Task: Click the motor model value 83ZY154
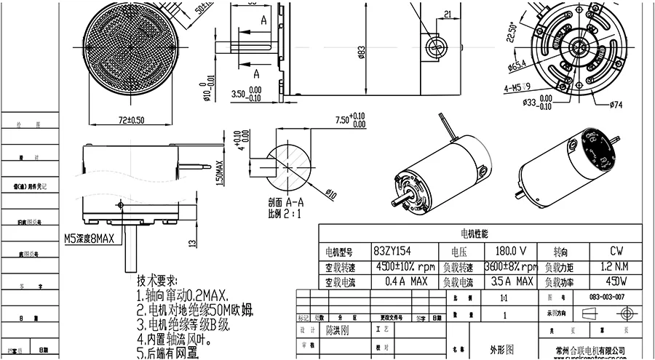click(392, 250)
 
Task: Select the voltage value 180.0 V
click(510, 250)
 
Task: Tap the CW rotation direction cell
click(616, 250)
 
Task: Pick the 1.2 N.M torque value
click(616, 266)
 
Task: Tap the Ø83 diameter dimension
click(362, 52)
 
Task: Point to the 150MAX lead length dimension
click(221, 174)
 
